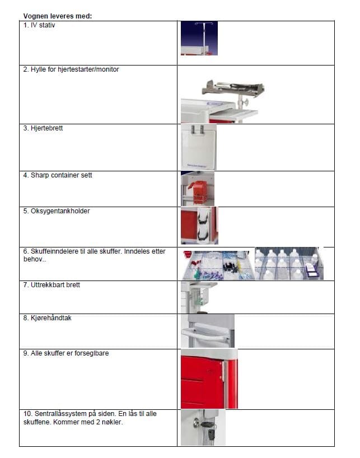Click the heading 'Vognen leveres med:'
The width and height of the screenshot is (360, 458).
coord(58,16)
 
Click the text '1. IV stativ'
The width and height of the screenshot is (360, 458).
coord(39,25)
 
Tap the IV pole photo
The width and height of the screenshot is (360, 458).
coord(199,38)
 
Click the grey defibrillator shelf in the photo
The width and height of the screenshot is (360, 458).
coord(233,88)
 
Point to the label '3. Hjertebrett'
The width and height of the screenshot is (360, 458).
coord(43,128)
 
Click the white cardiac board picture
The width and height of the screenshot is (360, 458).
coord(199,147)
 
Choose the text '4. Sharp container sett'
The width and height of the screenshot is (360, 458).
coord(58,175)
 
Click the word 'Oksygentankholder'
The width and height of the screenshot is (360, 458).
coord(60,211)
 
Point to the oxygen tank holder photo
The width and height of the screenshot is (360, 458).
coord(199,226)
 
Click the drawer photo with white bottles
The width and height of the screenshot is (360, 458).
coord(289,264)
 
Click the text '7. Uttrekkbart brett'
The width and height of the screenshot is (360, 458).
coord(52,285)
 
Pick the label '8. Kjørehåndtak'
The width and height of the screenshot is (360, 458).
coord(47,318)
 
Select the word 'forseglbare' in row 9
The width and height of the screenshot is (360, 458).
coord(92,353)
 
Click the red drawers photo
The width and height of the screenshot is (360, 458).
coord(209,379)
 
